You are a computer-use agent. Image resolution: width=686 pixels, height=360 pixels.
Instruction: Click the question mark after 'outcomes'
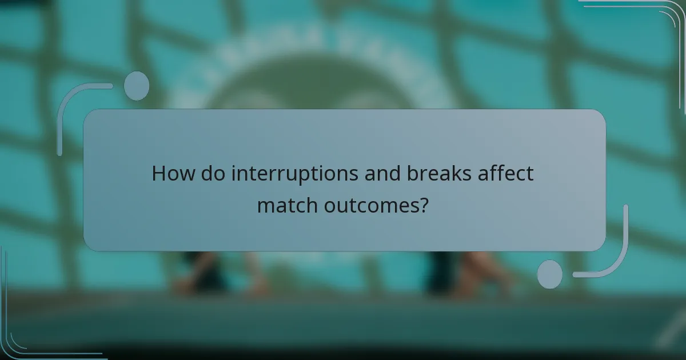click(x=424, y=205)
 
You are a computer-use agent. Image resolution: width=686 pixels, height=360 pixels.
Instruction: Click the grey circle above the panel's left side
click(x=136, y=86)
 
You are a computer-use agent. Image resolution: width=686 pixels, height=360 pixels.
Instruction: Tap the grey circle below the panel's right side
click(x=549, y=274)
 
